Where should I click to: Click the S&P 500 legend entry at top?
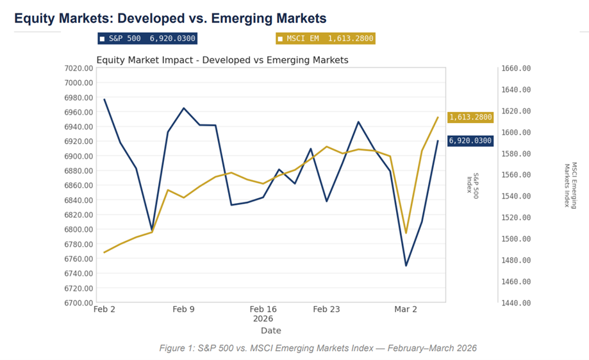(147, 39)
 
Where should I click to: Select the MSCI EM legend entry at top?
(325, 39)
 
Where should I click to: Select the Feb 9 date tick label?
(183, 309)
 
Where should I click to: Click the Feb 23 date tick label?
(326, 309)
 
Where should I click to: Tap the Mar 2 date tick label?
(406, 309)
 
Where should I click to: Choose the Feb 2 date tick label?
(104, 309)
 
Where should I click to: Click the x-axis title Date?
(270, 331)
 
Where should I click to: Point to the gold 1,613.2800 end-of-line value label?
(470, 117)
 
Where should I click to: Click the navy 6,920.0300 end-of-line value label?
(470, 141)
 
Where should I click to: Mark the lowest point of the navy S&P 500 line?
(406, 265)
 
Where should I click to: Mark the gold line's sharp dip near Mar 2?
(406, 233)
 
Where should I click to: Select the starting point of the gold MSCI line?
(104, 252)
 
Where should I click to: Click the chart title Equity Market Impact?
(222, 60)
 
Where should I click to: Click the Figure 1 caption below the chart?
(317, 348)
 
